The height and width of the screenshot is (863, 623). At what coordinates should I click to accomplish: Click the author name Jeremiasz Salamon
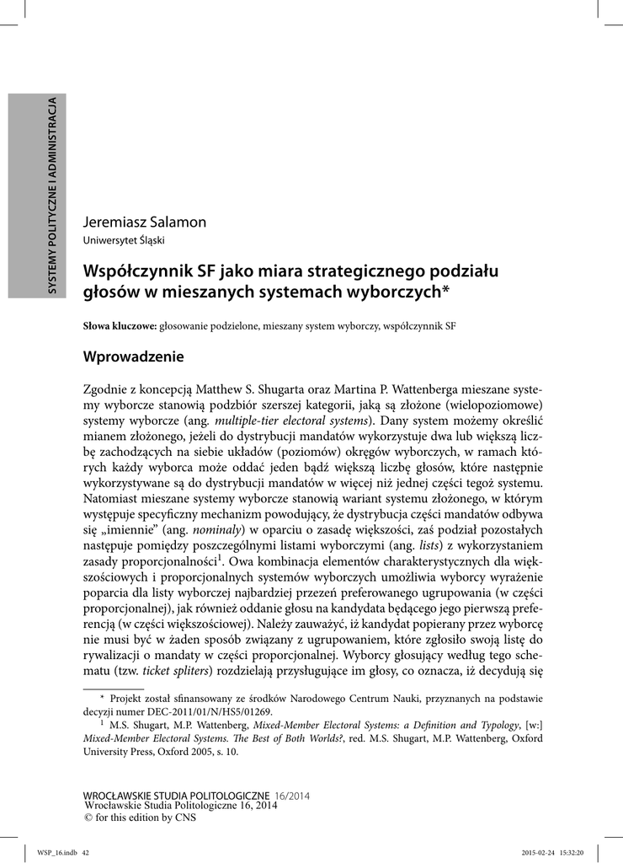click(x=144, y=222)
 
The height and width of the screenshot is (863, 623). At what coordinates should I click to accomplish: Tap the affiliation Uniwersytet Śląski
click(x=123, y=240)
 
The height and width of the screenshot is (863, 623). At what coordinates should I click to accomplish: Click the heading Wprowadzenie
click(x=133, y=356)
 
